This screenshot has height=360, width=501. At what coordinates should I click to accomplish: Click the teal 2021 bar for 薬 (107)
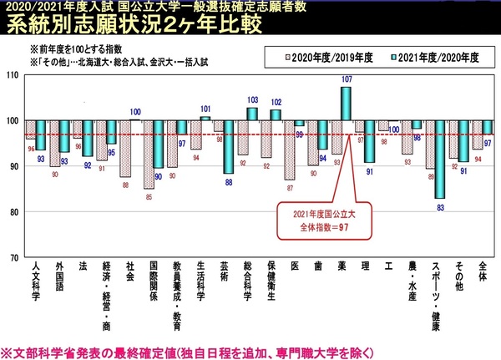click(346, 104)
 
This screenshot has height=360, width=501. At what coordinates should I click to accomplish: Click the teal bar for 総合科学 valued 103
click(252, 114)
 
